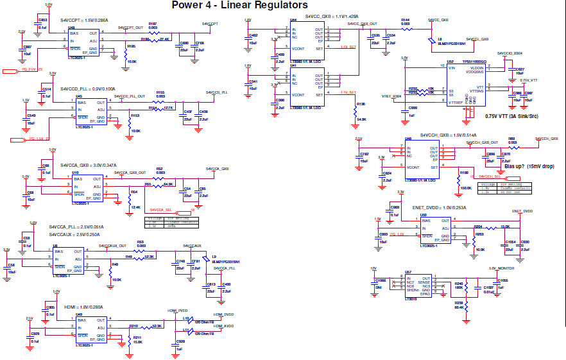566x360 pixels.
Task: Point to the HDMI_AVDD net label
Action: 224,326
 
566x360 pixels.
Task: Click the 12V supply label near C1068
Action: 373,268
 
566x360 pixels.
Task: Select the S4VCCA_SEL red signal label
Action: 160,210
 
